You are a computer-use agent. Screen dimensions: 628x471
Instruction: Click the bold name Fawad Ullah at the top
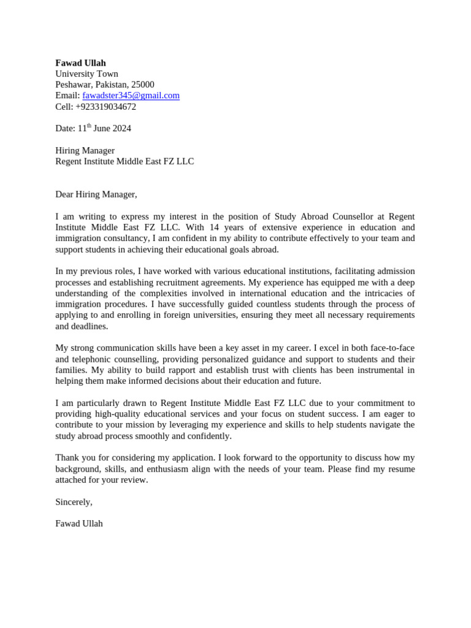80,63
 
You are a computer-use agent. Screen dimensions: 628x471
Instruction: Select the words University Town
86,74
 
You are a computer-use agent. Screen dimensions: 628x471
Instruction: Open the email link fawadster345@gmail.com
131,96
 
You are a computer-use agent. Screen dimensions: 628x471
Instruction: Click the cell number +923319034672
105,107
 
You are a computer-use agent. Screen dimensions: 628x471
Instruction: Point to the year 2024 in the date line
121,129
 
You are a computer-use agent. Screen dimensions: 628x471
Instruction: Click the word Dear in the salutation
64,194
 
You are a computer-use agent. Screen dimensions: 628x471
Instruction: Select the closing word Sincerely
74,502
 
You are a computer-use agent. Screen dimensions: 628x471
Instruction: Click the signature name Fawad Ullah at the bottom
79,524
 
